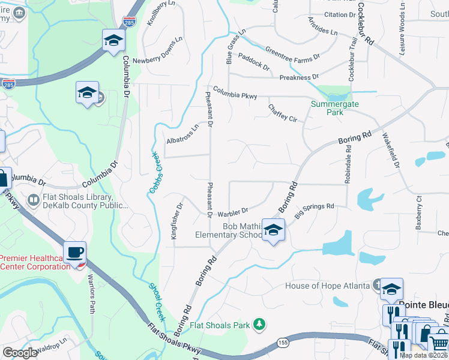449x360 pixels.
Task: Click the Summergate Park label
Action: (327, 107)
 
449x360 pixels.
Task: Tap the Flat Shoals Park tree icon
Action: (259, 325)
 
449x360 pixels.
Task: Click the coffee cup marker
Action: (75, 253)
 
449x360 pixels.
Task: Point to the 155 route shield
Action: (283, 342)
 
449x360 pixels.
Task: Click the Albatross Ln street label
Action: (182, 136)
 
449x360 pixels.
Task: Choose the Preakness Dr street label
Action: (299, 77)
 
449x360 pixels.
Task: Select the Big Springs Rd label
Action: (314, 209)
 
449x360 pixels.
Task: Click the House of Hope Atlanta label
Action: (327, 286)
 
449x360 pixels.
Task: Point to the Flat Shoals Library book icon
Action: (34, 199)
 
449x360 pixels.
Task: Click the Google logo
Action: (20, 353)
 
